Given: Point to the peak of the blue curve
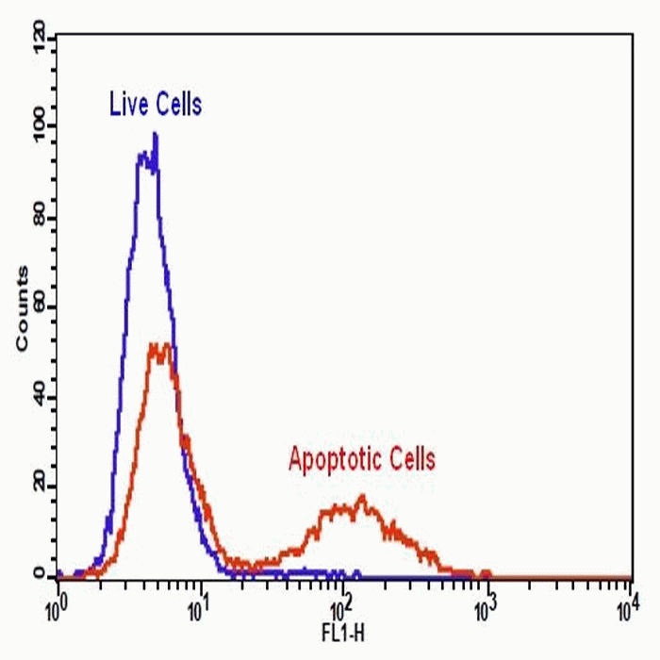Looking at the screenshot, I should [155, 135].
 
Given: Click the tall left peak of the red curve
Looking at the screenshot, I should [161, 345].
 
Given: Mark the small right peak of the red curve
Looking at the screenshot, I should [360, 497].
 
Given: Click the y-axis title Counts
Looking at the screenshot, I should [22, 309].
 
